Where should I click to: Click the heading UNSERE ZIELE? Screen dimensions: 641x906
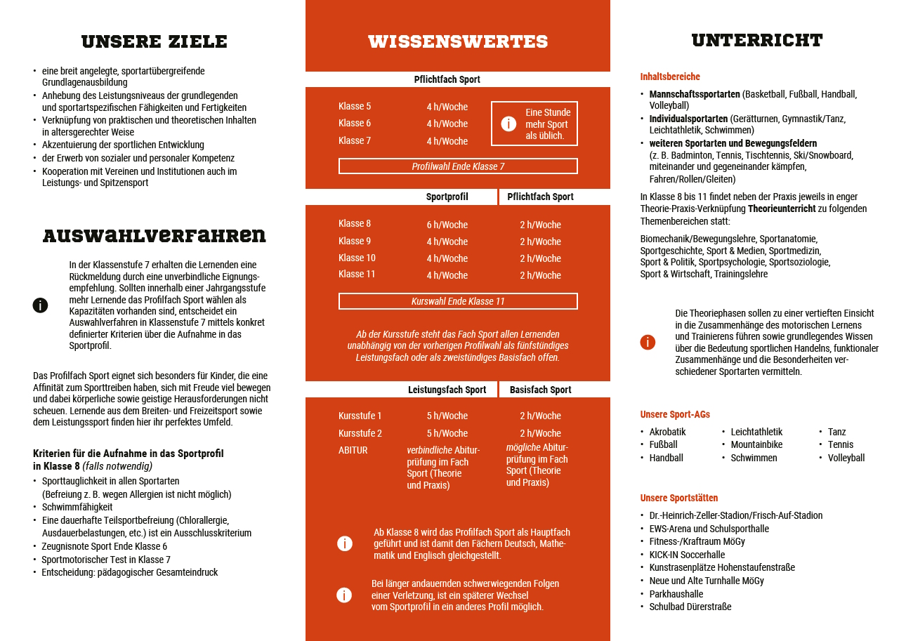[x=155, y=41]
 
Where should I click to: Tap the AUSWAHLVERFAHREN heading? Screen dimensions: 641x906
[x=155, y=235]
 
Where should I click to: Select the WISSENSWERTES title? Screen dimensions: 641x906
[x=458, y=41]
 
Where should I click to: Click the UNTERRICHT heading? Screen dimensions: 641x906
[x=757, y=40]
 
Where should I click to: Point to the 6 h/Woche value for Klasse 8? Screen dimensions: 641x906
[x=447, y=225]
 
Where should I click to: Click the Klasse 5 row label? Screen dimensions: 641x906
[x=355, y=107]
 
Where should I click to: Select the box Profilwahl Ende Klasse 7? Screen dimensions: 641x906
[x=458, y=166]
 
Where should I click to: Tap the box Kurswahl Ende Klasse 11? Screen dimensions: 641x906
[x=458, y=301]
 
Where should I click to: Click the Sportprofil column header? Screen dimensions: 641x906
[x=447, y=197]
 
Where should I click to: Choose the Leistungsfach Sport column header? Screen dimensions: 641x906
[x=447, y=390]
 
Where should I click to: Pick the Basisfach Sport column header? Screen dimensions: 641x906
[x=540, y=390]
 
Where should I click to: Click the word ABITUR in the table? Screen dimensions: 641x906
[x=353, y=450]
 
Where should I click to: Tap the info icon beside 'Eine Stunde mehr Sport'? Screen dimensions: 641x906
[x=508, y=124]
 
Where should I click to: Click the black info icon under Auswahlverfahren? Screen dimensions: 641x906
[x=41, y=305]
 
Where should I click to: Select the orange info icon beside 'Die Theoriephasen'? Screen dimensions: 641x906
[x=648, y=342]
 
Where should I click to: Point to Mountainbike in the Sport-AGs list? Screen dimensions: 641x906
[x=756, y=444]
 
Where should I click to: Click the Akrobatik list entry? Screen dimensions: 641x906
[x=667, y=432]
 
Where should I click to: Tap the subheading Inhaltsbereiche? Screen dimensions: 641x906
[x=670, y=77]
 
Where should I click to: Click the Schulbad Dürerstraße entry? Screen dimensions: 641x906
[x=690, y=607]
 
